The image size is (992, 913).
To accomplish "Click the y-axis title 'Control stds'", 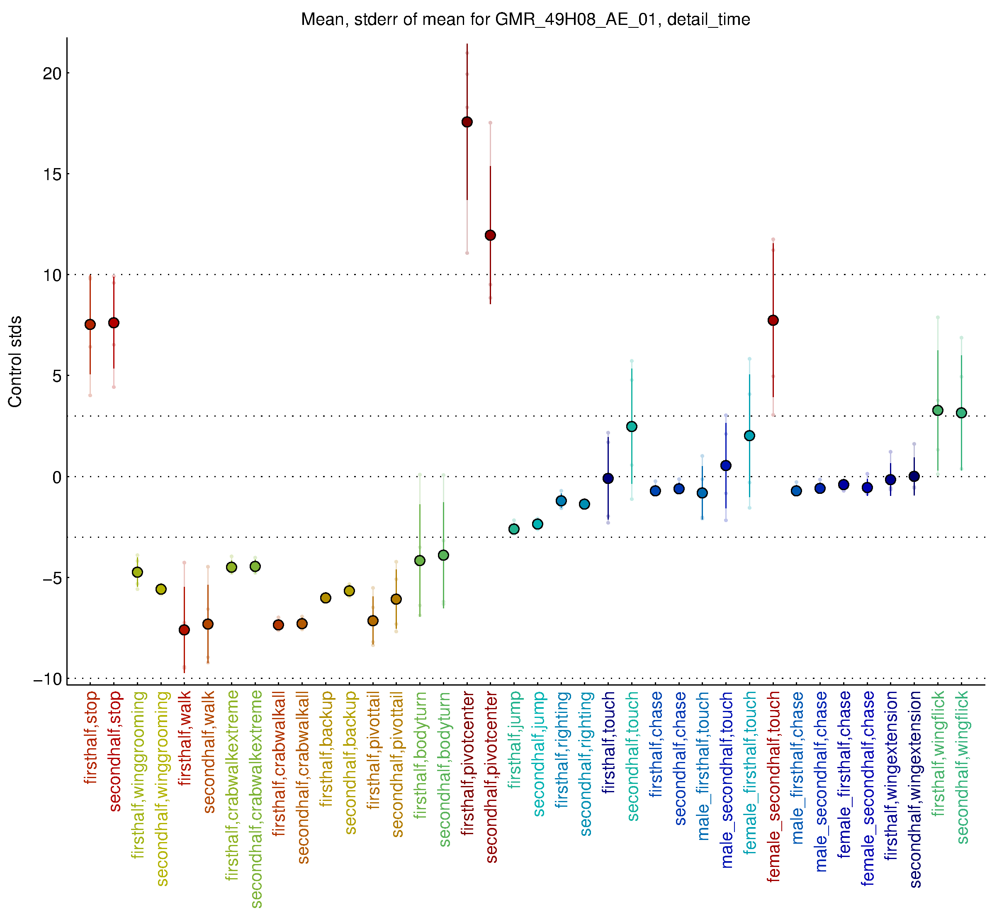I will pyautogui.click(x=15, y=361).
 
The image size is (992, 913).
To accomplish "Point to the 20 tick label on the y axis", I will pyautogui.click(x=52, y=73).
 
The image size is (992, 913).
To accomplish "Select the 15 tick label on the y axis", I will pyautogui.click(x=52, y=174).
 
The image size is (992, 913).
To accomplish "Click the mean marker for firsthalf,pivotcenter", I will pyautogui.click(x=467, y=122).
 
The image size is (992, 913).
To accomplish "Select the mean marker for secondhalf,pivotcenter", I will pyautogui.click(x=490, y=235).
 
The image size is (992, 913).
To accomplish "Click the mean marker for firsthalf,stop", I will pyautogui.click(x=90, y=325).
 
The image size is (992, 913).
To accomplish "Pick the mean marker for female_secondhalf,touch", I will pyautogui.click(x=773, y=321).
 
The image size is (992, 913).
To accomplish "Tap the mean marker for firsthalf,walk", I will pyautogui.click(x=184, y=630).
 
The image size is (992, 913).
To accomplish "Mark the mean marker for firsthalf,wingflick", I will pyautogui.click(x=938, y=410).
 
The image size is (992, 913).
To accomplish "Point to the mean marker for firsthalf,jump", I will pyautogui.click(x=514, y=529).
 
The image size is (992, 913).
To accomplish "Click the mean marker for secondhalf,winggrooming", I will pyautogui.click(x=161, y=589).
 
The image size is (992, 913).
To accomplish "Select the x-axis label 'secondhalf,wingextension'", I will pyautogui.click(x=915, y=789).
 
